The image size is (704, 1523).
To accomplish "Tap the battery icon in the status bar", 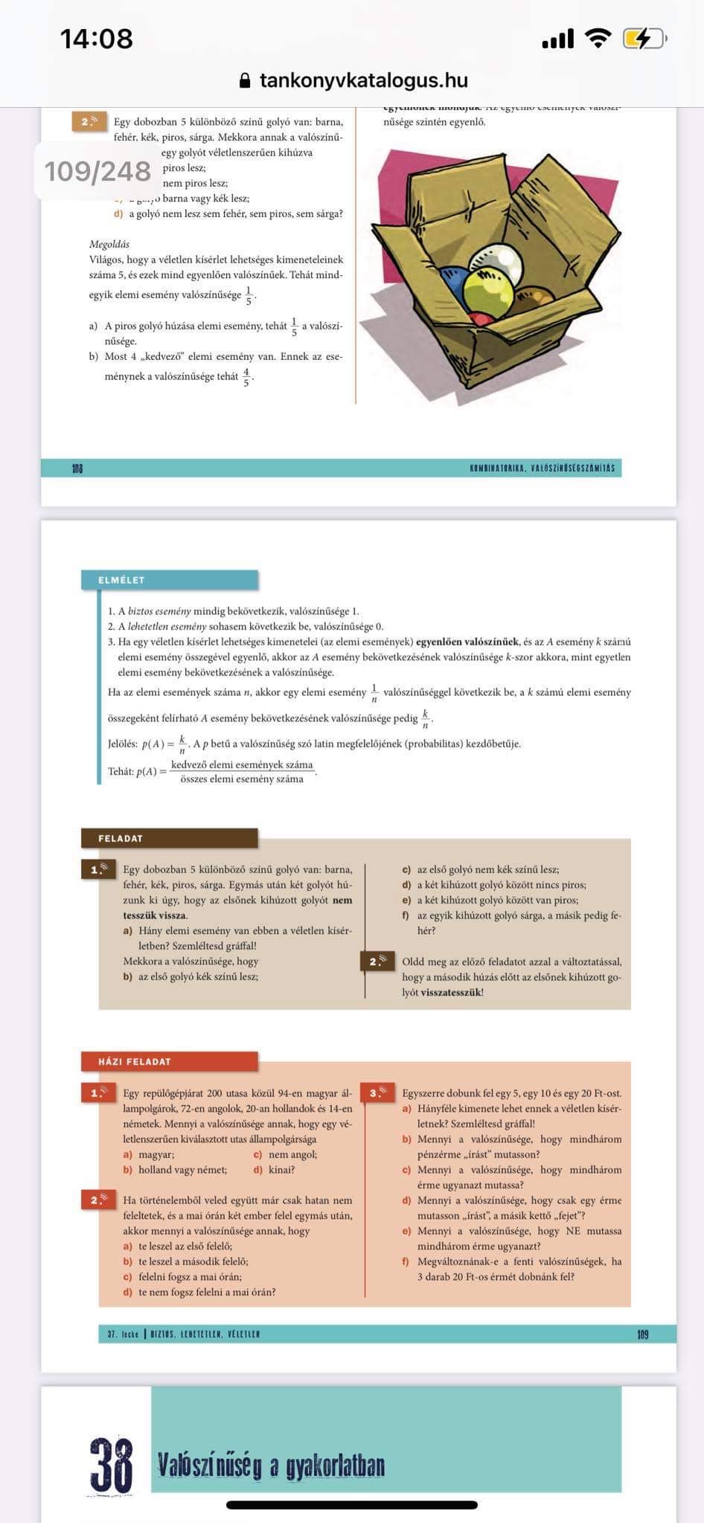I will pyautogui.click(x=644, y=38).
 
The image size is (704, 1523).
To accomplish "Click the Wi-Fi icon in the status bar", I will pyautogui.click(x=598, y=38).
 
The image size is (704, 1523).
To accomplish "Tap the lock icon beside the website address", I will pyautogui.click(x=245, y=80).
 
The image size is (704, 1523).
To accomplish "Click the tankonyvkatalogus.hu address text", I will pyautogui.click(x=363, y=80).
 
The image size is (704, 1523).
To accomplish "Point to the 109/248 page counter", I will pyautogui.click(x=97, y=171).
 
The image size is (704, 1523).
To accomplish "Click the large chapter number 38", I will pyautogui.click(x=112, y=1465).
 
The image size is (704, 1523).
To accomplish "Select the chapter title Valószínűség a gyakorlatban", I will pyautogui.click(x=271, y=1465).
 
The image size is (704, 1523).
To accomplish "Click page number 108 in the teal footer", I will pyautogui.click(x=77, y=469).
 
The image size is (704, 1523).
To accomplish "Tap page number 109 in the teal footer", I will pyautogui.click(x=643, y=1334).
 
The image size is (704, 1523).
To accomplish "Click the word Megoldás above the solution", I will pyautogui.click(x=109, y=244).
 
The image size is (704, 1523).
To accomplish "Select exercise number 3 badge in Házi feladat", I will pyautogui.click(x=378, y=1092).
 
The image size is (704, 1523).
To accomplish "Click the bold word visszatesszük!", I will pyautogui.click(x=452, y=992).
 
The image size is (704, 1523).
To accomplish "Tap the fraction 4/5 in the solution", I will pyautogui.click(x=246, y=377).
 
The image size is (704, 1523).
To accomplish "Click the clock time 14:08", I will pyautogui.click(x=97, y=39).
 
